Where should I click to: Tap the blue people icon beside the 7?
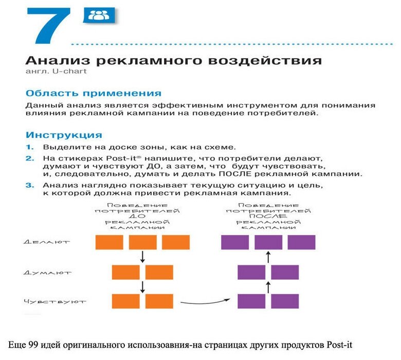pyautogui.click(x=99, y=15)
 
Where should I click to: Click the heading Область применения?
pyautogui.click(x=94, y=94)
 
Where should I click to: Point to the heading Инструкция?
pyautogui.click(x=64, y=135)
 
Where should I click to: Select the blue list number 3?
pyautogui.click(x=30, y=185)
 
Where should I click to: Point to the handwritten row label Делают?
pyautogui.click(x=47, y=242)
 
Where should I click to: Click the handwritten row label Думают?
pyautogui.click(x=47, y=273)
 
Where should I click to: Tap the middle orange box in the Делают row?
pyautogui.click(x=142, y=242)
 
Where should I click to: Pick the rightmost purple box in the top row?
pyautogui.click(x=301, y=242)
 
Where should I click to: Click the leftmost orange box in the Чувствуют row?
pyautogui.click(x=126, y=301)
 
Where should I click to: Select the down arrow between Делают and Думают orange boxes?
pyautogui.click(x=142, y=257)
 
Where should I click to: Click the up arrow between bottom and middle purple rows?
pyautogui.click(x=268, y=287)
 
